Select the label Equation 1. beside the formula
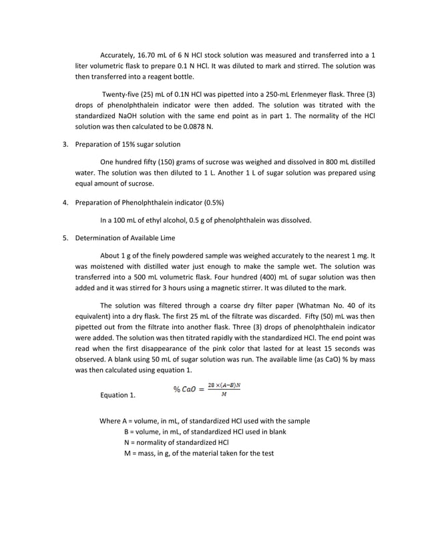117,396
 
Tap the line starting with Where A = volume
204,421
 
